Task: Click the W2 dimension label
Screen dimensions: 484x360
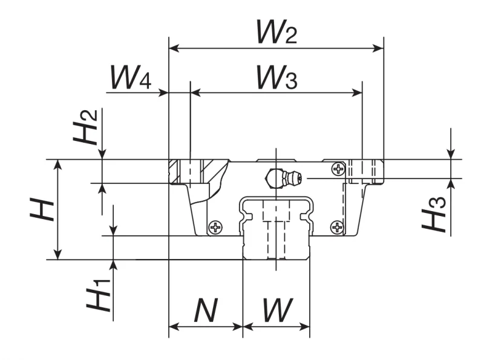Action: (277, 32)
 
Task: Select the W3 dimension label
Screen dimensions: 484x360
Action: (277, 77)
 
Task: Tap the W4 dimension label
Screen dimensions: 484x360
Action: (131, 77)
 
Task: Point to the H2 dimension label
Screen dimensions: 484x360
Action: (85, 127)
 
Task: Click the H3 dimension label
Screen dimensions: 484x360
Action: (434, 214)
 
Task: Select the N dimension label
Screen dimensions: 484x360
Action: (206, 310)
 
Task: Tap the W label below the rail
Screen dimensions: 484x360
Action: (278, 310)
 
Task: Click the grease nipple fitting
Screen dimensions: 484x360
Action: (284, 178)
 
